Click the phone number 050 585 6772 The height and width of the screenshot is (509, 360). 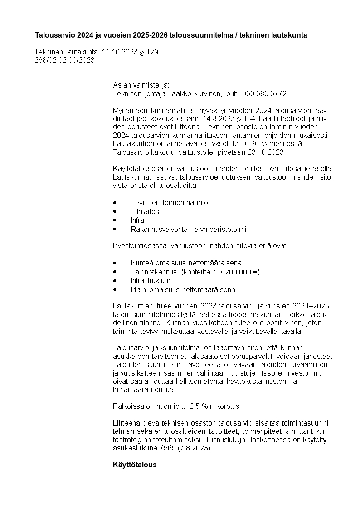[265, 93]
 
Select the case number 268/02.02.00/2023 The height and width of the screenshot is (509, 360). [64, 60]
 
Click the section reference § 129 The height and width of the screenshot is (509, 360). [149, 52]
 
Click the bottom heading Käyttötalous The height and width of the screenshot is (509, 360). [135, 465]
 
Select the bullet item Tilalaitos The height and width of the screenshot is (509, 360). [145, 211]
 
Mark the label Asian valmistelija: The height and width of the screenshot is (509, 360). [141, 85]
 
